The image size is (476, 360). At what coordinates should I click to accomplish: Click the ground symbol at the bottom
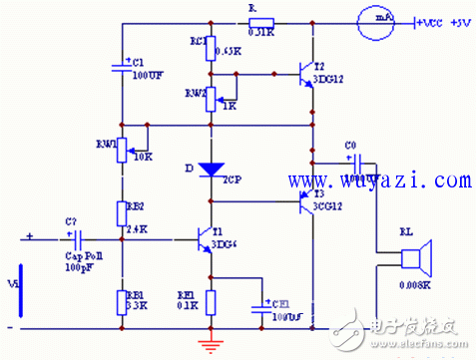pos(211,344)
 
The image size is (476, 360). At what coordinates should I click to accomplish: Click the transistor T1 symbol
pos(205,240)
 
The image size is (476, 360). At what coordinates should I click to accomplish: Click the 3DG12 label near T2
pos(330,78)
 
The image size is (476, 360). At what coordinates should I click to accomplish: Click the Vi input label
pos(11,283)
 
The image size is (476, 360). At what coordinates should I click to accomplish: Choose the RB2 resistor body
pos(121,213)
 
